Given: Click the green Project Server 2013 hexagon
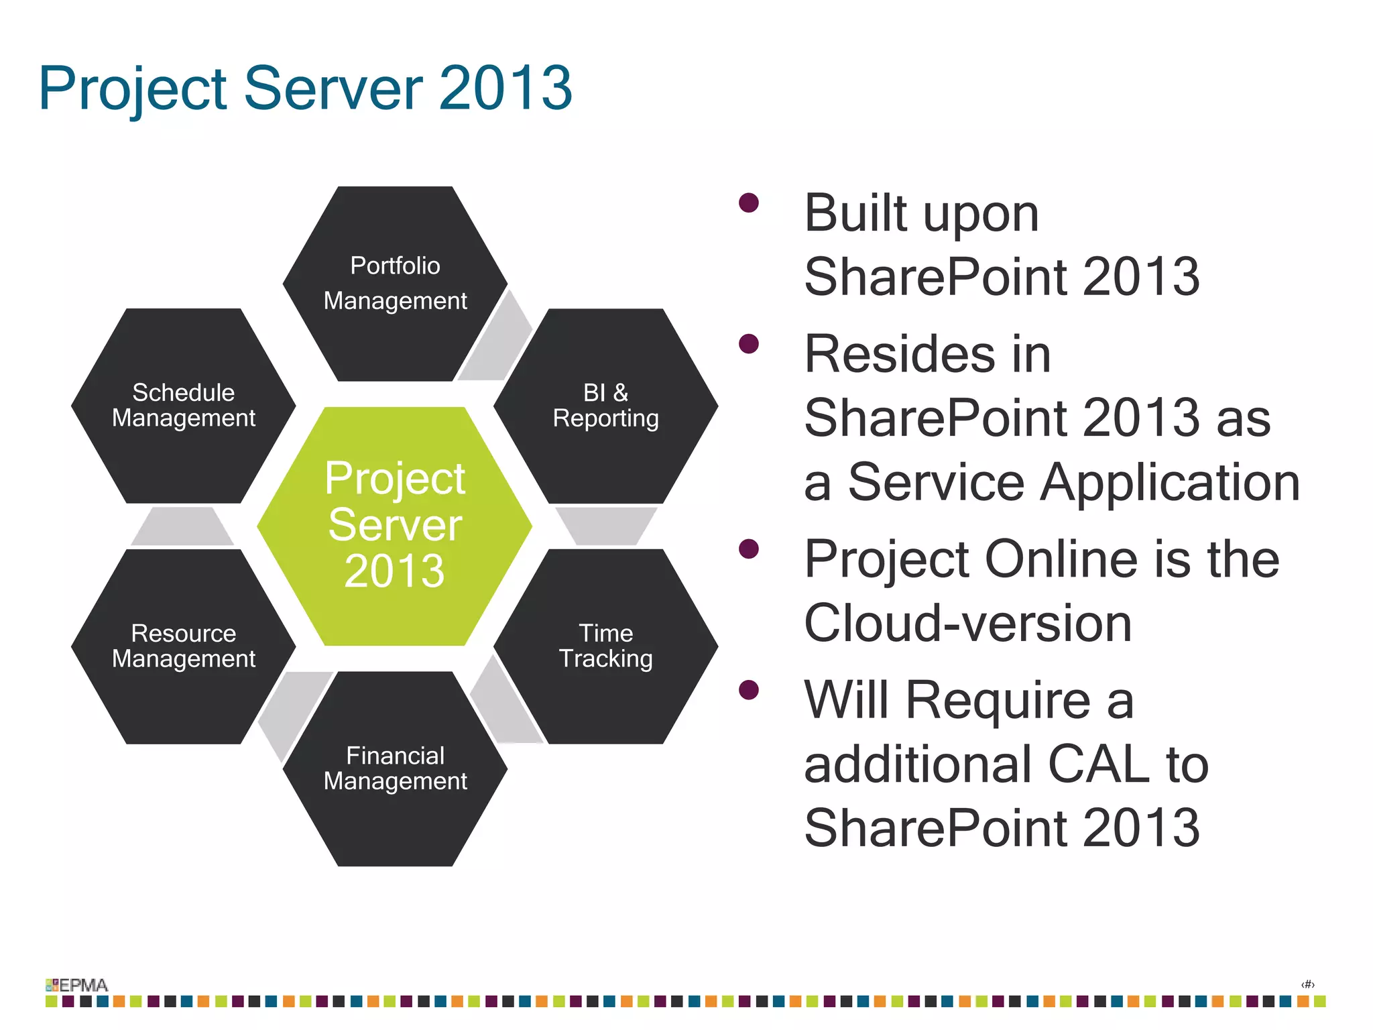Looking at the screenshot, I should [394, 526].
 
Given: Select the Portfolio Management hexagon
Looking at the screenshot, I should [395, 284].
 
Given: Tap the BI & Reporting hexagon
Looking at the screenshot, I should [605, 406].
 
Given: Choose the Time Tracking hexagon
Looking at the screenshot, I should [605, 646].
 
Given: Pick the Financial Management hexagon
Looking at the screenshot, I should [395, 768].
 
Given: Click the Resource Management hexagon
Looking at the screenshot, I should [183, 646].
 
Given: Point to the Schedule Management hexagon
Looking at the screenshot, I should [183, 406].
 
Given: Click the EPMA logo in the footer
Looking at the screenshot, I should [76, 984].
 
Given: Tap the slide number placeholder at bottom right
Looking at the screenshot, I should [1307, 984].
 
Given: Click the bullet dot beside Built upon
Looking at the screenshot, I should [748, 203].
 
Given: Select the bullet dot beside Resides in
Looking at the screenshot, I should [748, 344].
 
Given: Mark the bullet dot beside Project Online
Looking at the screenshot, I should [748, 549].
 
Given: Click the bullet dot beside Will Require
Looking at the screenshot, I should [748, 690].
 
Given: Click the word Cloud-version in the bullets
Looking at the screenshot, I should [967, 623].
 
